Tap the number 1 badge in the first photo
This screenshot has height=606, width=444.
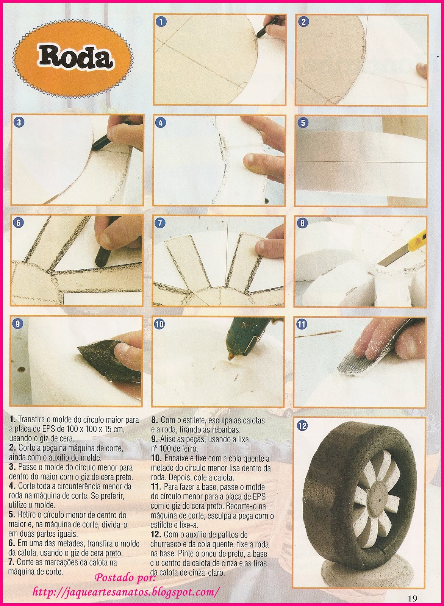tap(161, 22)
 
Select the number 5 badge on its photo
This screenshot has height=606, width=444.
tap(303, 123)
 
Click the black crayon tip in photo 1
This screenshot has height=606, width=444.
tap(258, 36)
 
